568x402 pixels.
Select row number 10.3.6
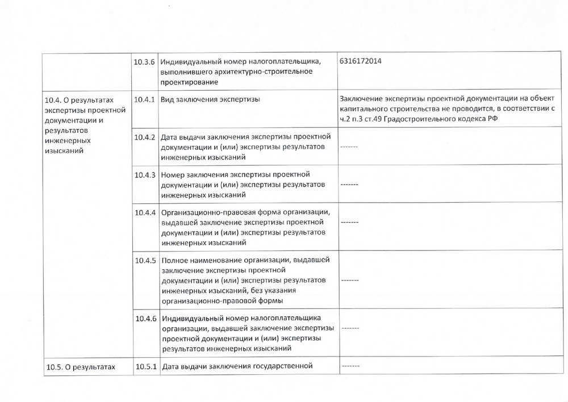pos(145,61)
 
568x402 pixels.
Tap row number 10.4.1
pos(145,99)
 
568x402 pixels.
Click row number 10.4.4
pos(145,212)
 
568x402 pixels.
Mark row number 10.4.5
pos(145,261)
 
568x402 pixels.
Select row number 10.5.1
pos(145,367)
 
